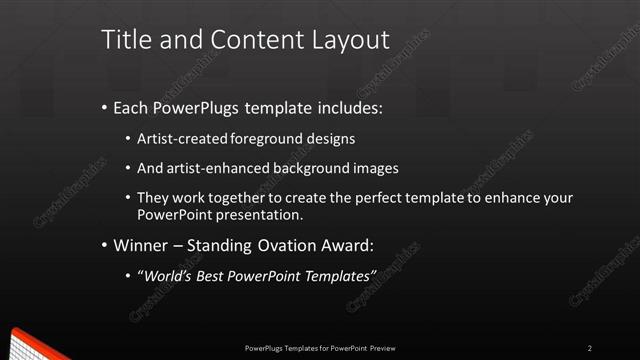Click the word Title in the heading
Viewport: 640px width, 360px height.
click(x=125, y=40)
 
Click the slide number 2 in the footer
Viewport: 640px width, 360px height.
click(x=589, y=347)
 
